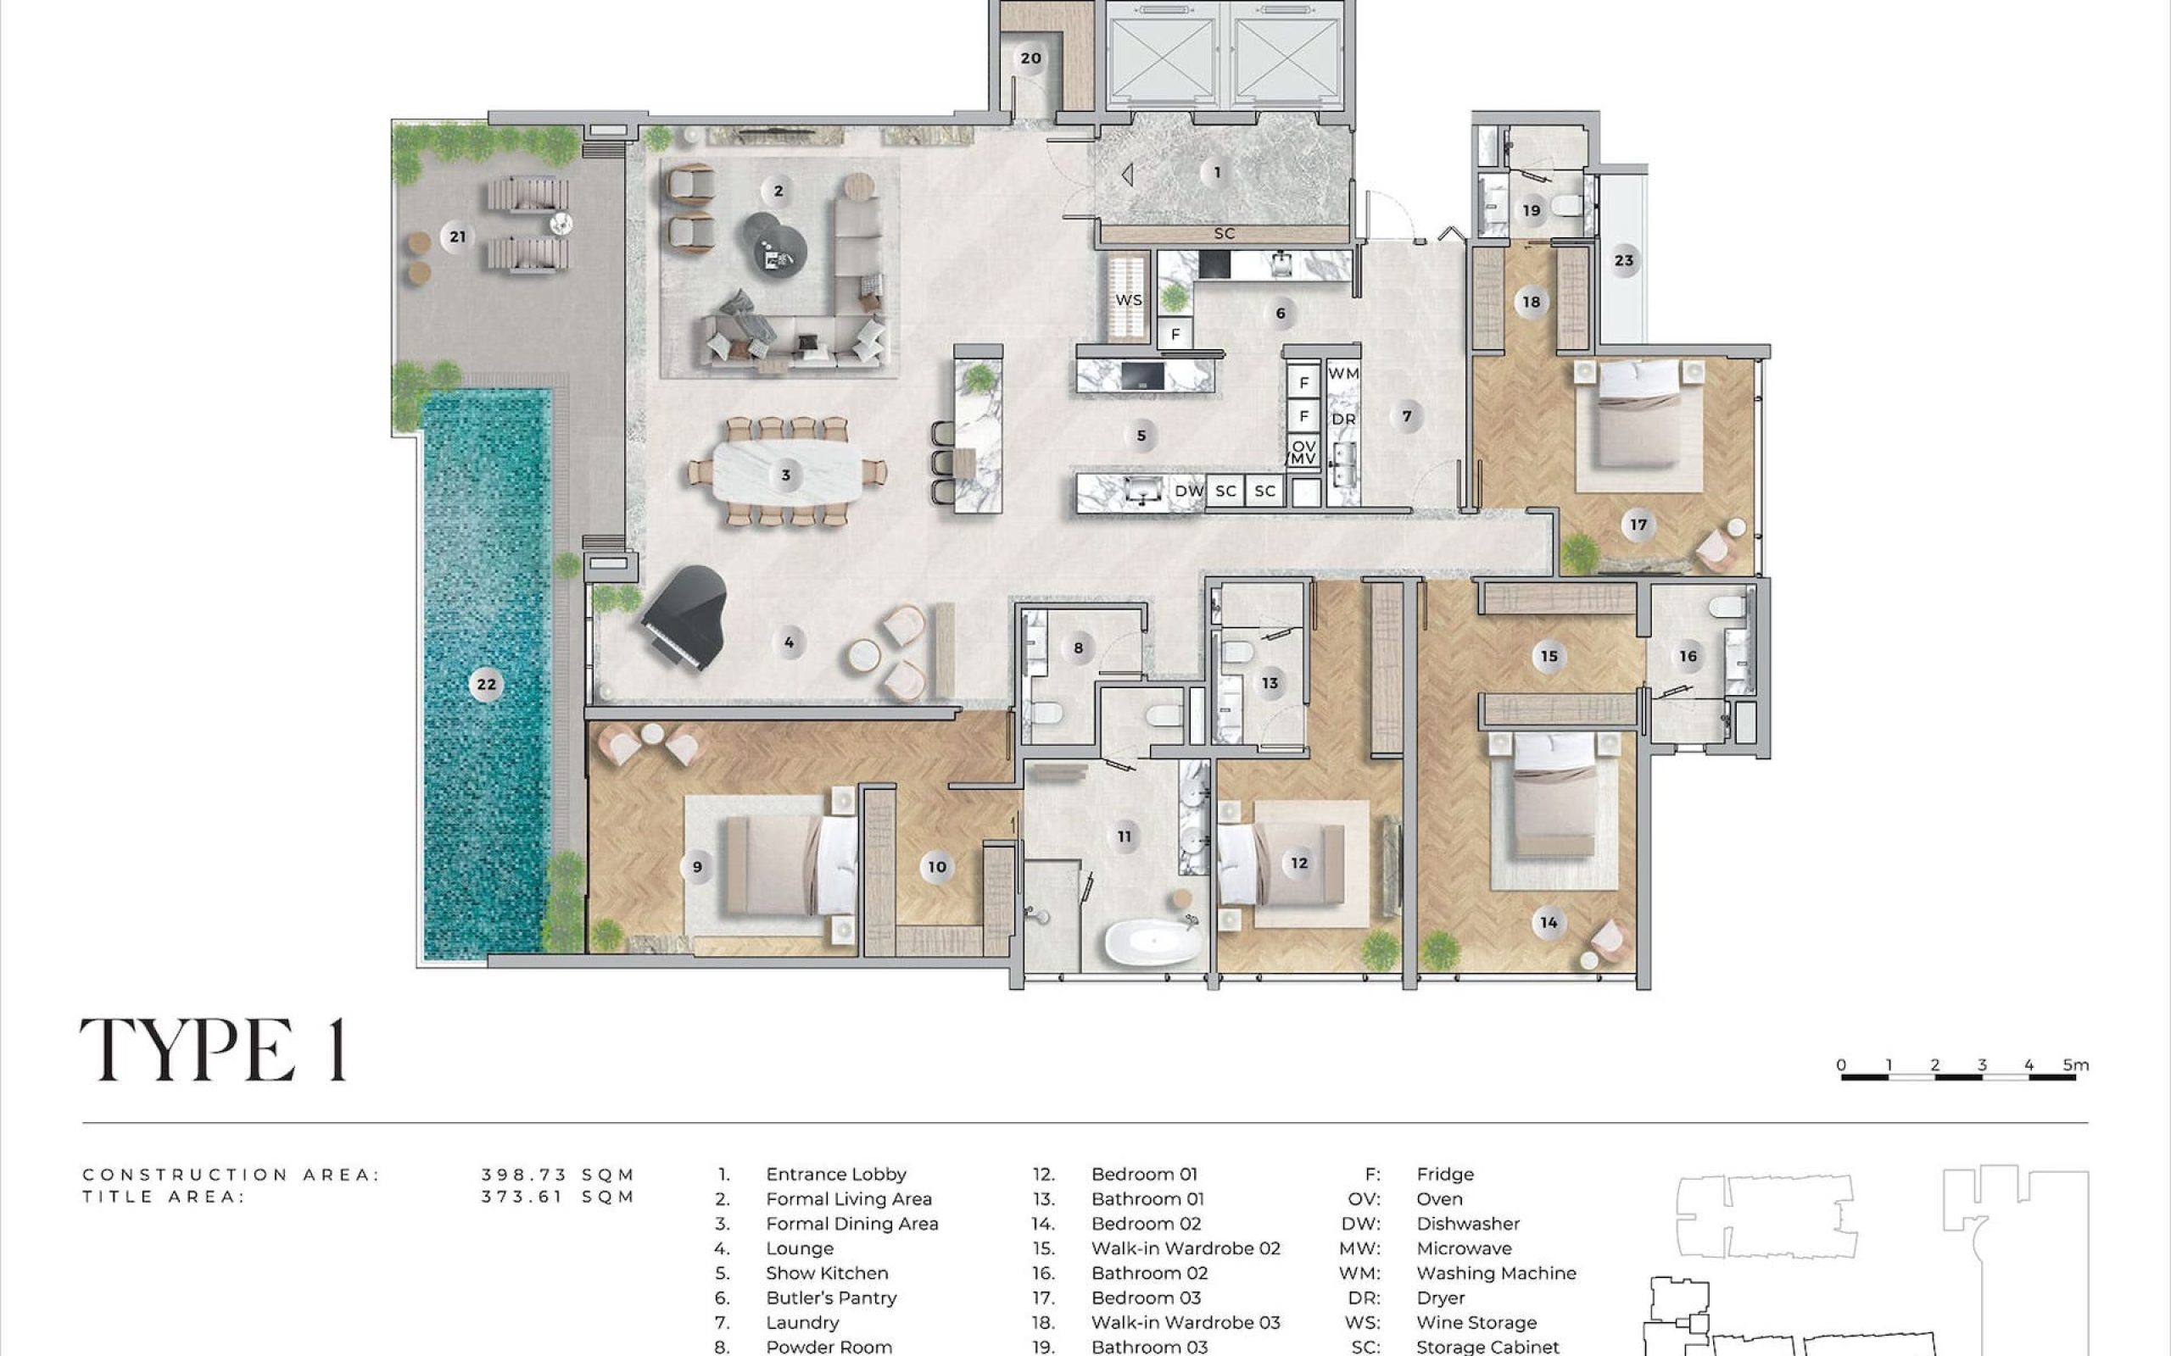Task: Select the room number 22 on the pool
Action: pos(486,684)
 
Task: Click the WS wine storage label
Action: pos(1129,299)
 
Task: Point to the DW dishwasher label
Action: pos(1189,491)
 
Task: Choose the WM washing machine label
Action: pos(1343,373)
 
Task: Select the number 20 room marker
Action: pos(1030,59)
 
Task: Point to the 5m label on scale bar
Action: pos(2076,1064)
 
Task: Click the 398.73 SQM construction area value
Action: pos(558,1174)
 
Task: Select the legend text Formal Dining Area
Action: pos(852,1223)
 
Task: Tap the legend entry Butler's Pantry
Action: pos(832,1298)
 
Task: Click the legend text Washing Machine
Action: pos(1496,1273)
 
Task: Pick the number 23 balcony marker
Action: pos(1624,261)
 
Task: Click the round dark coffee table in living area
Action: pos(774,242)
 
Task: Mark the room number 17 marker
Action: pos(1639,525)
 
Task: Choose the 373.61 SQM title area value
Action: pos(558,1197)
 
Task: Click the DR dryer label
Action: pos(1343,419)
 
